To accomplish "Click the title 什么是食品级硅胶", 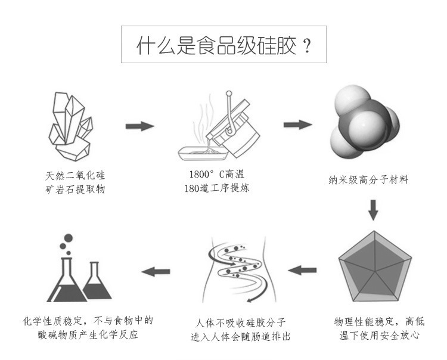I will tap(215, 46).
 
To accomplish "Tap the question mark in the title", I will tap(308, 46).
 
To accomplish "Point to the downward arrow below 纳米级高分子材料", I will tap(373, 209).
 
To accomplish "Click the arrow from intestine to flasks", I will tap(156, 272).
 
